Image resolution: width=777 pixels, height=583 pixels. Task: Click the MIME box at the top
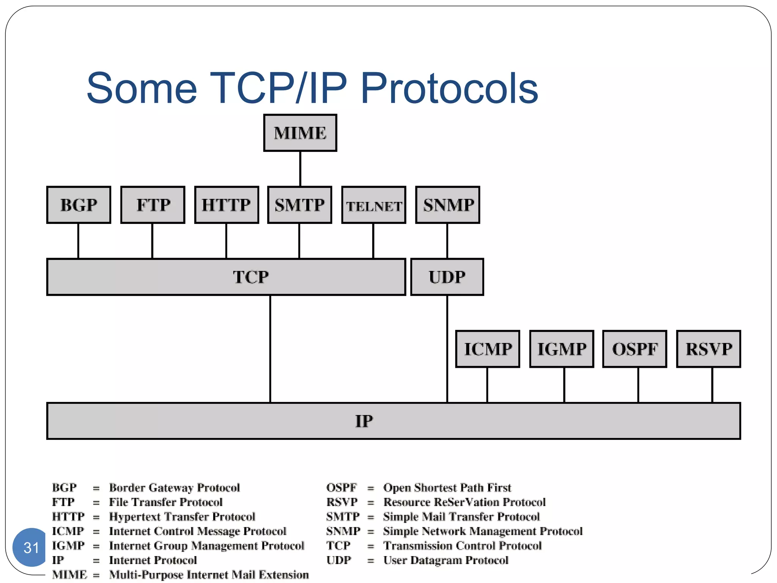pyautogui.click(x=300, y=133)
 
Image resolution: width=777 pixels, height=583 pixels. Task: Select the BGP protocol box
pyautogui.click(x=79, y=205)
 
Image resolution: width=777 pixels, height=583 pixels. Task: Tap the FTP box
pyautogui.click(x=153, y=205)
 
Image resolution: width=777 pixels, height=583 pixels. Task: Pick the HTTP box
pyautogui.click(x=226, y=205)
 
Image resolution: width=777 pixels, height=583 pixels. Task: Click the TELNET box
pyautogui.click(x=374, y=205)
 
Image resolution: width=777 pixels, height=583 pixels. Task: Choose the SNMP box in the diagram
pyautogui.click(x=448, y=205)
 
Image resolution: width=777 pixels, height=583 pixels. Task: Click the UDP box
pyautogui.click(x=447, y=277)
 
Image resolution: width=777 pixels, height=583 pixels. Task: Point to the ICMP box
pyautogui.click(x=488, y=349)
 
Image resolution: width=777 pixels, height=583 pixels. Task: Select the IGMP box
pyautogui.click(x=562, y=349)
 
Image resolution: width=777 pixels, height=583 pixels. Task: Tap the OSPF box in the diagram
pyautogui.click(x=635, y=349)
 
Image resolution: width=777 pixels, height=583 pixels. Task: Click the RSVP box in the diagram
pyautogui.click(x=708, y=349)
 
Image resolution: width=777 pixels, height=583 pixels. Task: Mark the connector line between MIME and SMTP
pyautogui.click(x=300, y=169)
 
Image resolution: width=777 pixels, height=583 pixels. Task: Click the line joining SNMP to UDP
pyautogui.click(x=447, y=241)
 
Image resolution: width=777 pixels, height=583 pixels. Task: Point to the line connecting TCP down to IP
pyautogui.click(x=270, y=349)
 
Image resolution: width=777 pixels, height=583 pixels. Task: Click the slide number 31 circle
pyautogui.click(x=30, y=547)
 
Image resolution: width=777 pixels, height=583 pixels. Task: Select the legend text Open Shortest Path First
pyautogui.click(x=447, y=487)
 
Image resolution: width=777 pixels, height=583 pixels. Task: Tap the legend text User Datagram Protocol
pyautogui.click(x=445, y=560)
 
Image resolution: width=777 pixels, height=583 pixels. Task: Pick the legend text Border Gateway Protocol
pyautogui.click(x=174, y=487)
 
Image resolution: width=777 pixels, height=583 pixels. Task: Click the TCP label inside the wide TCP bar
pyautogui.click(x=250, y=277)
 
